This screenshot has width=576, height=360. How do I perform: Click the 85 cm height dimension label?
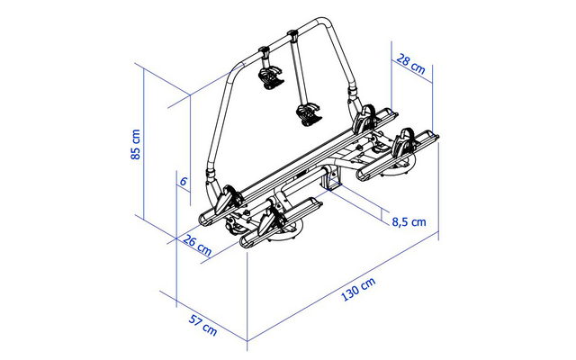(136, 144)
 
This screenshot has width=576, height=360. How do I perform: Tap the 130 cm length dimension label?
(359, 290)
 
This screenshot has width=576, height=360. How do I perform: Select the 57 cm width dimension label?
(202, 325)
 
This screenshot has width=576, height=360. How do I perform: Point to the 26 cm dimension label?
(197, 245)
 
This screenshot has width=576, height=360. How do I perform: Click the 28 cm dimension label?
(410, 64)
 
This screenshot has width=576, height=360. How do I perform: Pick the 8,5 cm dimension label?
(409, 222)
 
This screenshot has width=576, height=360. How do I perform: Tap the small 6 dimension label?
(184, 181)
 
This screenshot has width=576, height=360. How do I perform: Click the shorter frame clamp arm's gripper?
(272, 77)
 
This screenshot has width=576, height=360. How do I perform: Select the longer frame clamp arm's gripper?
(309, 114)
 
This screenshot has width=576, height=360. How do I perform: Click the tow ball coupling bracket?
(332, 180)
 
